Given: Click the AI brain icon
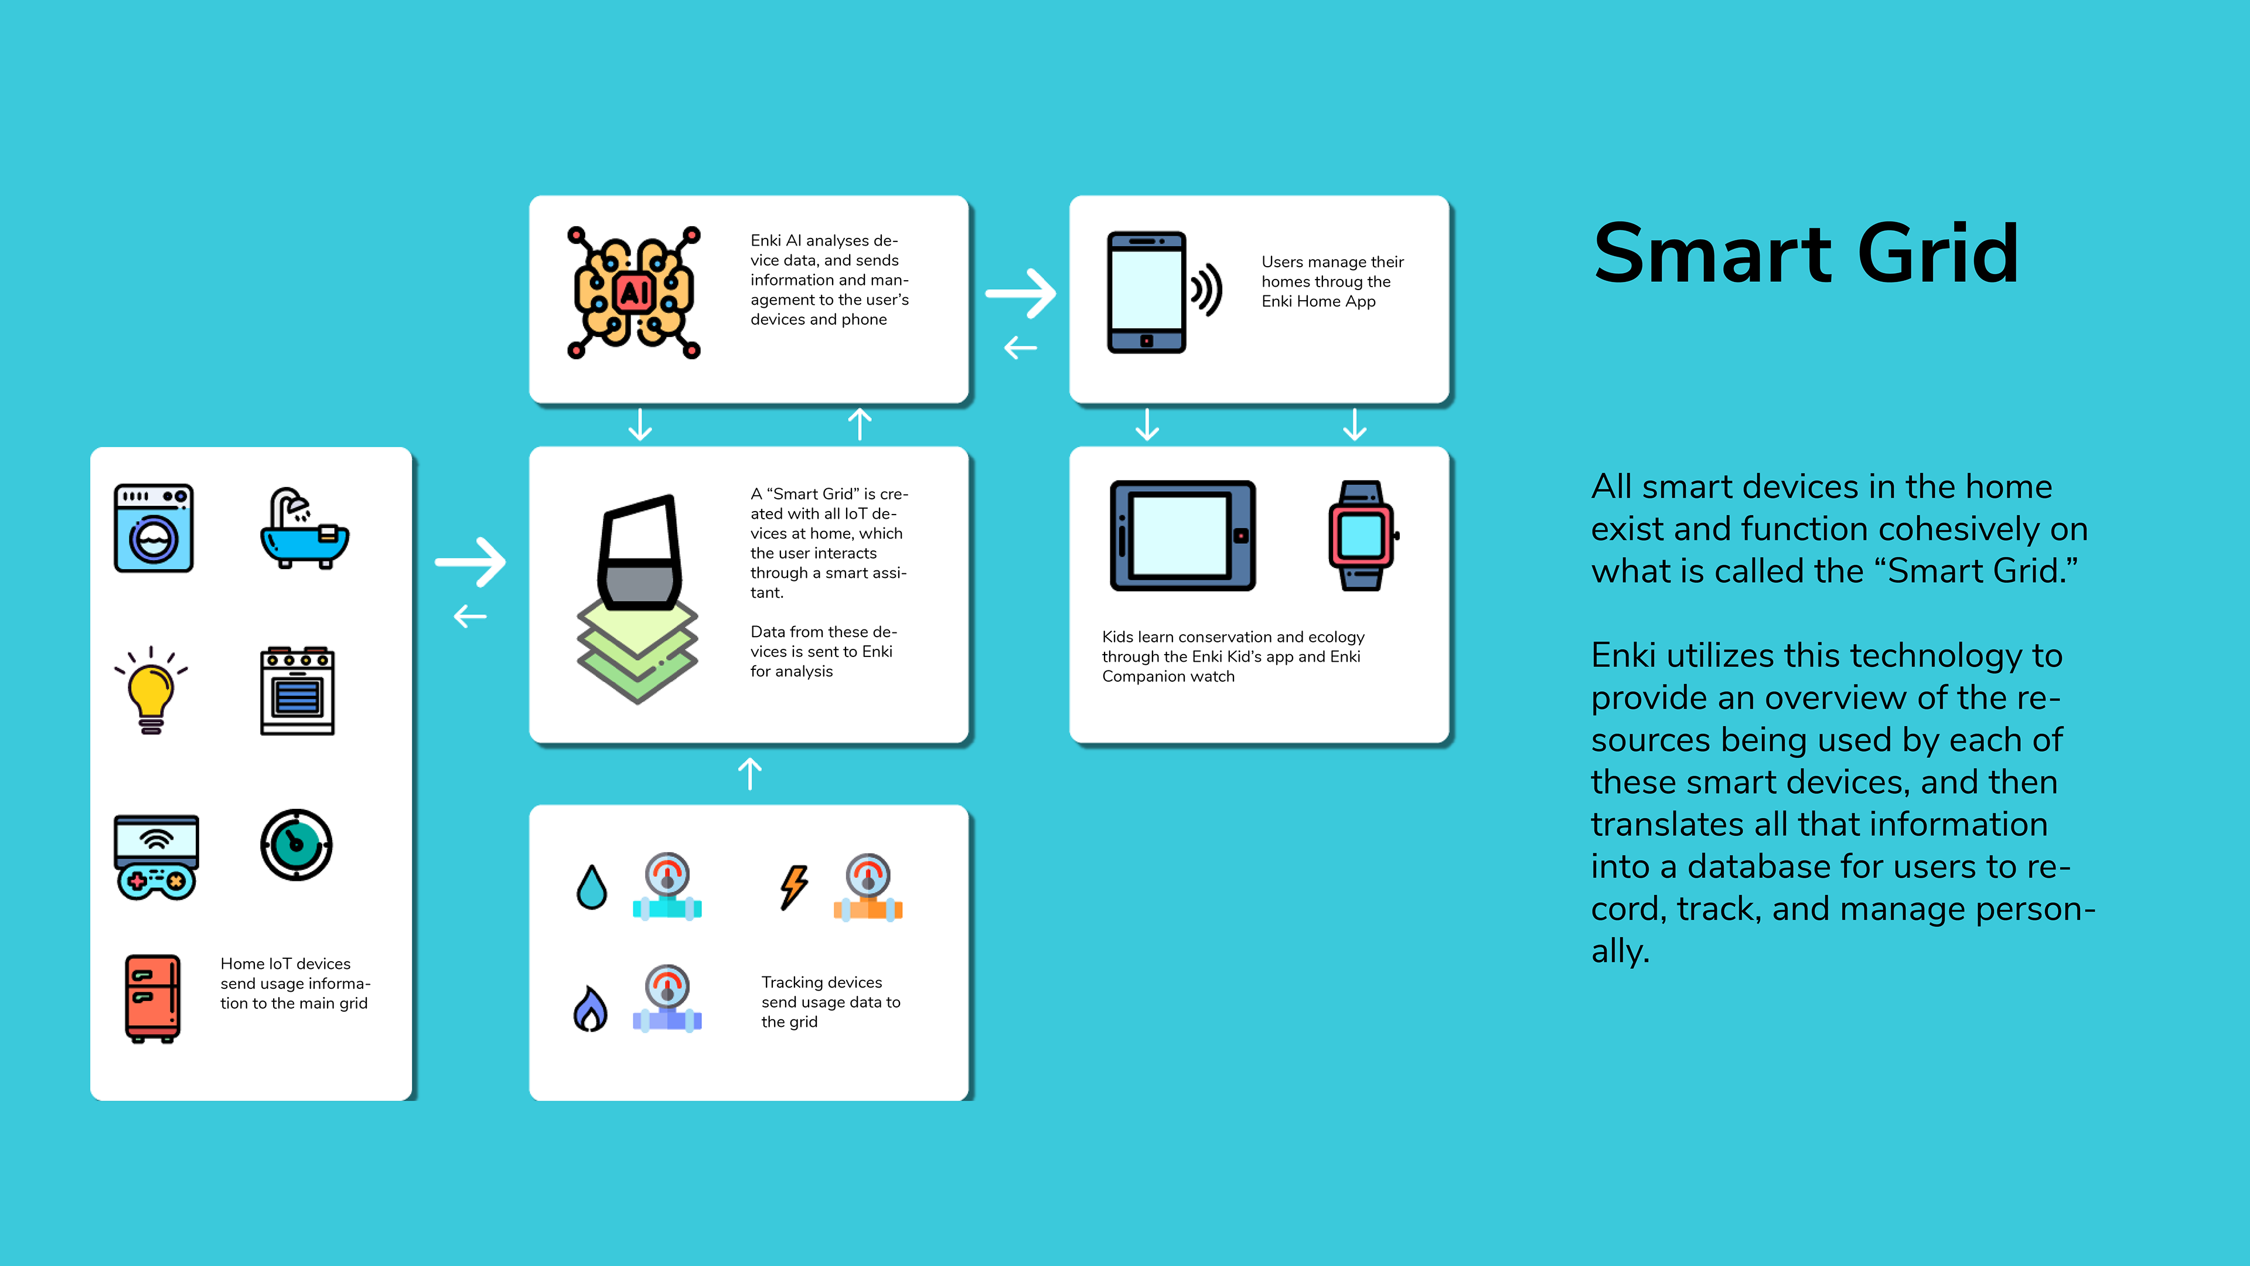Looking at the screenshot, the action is [633, 292].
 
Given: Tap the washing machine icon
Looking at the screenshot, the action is [154, 527].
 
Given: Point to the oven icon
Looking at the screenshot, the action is [298, 691].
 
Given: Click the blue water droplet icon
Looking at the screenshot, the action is [591, 887].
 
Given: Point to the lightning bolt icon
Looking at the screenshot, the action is [794, 887].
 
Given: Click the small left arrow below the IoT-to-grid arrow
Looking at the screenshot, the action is [470, 617].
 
